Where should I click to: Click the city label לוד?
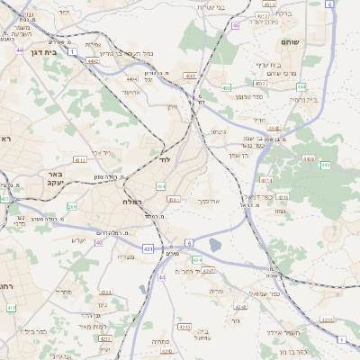click(164, 159)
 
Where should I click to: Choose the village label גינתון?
click(218, 133)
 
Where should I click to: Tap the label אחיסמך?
click(207, 202)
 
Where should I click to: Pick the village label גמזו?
click(279, 210)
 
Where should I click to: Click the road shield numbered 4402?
click(93, 61)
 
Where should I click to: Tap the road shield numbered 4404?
click(132, 79)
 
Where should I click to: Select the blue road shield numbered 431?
click(148, 247)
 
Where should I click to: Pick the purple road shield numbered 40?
click(99, 242)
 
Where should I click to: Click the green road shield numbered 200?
click(72, 207)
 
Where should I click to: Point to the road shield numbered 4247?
click(207, 270)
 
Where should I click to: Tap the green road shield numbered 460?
click(227, 87)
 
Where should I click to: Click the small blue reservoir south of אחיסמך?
click(215, 244)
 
